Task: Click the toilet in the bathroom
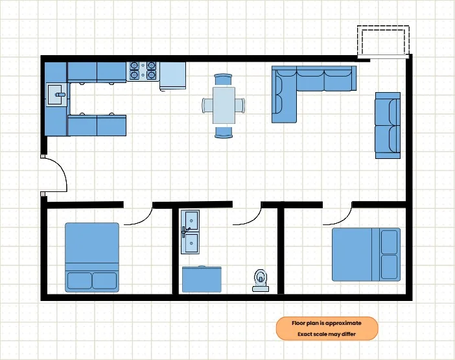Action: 261,280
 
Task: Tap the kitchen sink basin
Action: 57,94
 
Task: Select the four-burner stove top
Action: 143,71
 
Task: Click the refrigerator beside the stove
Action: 172,76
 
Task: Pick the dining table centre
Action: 224,105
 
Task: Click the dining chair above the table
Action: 223,80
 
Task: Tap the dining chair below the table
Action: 224,132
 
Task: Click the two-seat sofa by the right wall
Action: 388,125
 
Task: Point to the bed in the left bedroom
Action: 92,258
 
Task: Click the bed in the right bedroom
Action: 366,255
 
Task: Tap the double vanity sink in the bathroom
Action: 190,232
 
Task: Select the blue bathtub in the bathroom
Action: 202,279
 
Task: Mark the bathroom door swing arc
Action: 253,220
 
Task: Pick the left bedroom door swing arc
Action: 145,220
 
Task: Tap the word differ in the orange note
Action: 348,334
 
